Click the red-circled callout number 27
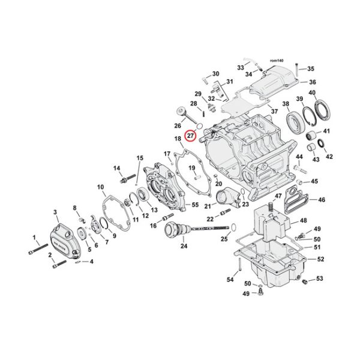(x=190, y=136)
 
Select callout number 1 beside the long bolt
(x=34, y=238)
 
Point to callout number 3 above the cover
(x=55, y=212)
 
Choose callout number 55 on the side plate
(x=194, y=206)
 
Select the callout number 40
(x=311, y=92)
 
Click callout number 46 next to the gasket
(x=321, y=199)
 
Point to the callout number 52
(x=320, y=259)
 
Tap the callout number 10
(x=101, y=188)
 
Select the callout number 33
(x=240, y=67)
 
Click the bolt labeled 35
(x=304, y=70)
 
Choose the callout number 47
(x=277, y=197)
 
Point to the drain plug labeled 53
(x=305, y=280)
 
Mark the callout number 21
(x=207, y=206)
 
